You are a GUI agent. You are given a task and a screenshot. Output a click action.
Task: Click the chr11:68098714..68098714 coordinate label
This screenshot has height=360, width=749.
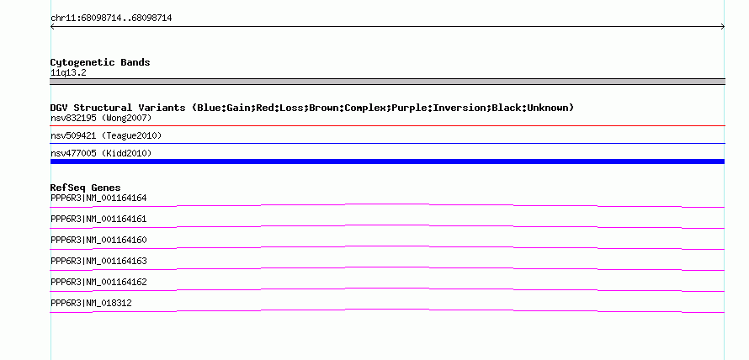pos(111,19)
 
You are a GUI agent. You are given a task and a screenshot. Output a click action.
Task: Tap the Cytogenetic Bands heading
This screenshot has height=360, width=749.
pos(100,62)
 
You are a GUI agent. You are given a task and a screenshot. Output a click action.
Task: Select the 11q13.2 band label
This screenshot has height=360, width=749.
pos(68,73)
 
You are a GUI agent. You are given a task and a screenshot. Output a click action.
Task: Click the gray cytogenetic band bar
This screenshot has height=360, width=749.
pos(387,82)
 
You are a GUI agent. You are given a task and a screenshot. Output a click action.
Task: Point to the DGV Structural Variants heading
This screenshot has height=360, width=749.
pos(312,108)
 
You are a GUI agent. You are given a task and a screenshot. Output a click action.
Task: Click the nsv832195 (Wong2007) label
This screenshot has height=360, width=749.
pos(101,118)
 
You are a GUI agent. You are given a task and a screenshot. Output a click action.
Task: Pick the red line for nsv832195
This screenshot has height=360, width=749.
pos(387,126)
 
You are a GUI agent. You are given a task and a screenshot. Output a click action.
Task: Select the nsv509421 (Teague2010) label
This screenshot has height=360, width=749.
pos(106,136)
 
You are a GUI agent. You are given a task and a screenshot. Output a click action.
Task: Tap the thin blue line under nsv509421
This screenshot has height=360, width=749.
pos(387,143)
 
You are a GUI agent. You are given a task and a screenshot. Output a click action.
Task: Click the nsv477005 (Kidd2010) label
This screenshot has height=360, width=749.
pos(101,153)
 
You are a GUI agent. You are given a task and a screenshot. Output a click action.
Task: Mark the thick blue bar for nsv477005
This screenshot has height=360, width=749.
pos(387,161)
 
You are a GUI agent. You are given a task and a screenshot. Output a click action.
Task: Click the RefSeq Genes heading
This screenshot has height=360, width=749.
pos(85,188)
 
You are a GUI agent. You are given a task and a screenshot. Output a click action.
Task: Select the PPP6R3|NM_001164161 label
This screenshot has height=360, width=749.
pos(98,220)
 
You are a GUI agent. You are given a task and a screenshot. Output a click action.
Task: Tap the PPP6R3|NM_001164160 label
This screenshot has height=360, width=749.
pos(98,241)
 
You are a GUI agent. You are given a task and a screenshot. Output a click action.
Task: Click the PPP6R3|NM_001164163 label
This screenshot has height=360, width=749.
pos(98,261)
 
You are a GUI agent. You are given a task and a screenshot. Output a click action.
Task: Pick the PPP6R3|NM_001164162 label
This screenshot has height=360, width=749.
pos(98,282)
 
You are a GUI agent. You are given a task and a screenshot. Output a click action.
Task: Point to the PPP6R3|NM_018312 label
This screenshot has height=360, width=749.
pos(91,303)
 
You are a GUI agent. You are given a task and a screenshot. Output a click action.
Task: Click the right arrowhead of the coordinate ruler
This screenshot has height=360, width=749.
pos(724,27)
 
